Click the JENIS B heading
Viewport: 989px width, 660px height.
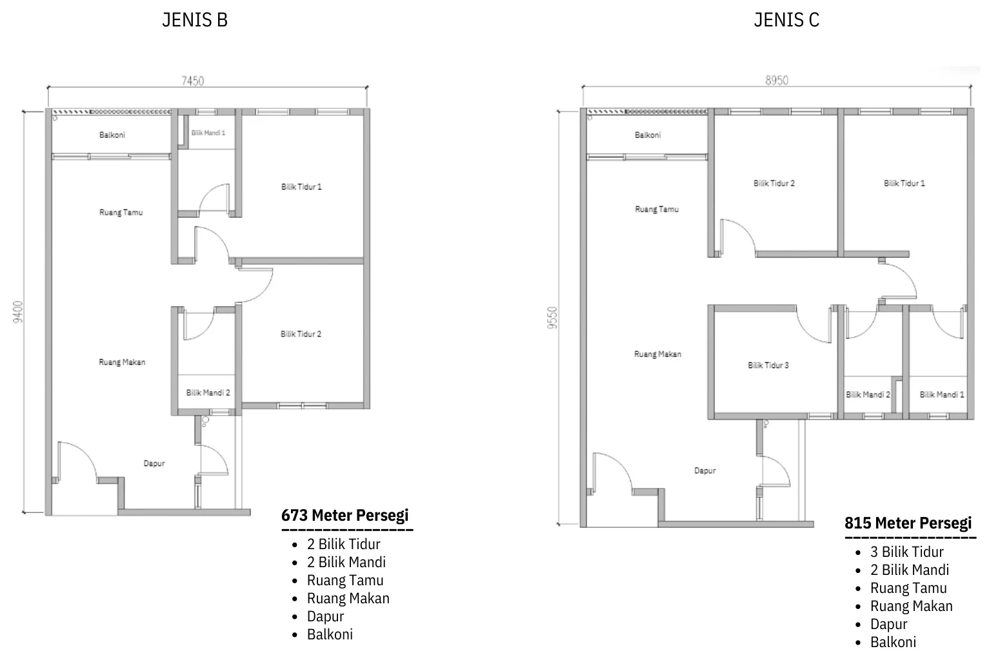[195, 20]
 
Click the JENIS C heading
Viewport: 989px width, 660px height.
[786, 20]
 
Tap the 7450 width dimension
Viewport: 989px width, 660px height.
[193, 81]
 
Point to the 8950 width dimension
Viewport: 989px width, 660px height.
[777, 81]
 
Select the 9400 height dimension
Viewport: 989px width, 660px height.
[18, 312]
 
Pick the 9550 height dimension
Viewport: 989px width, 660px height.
[552, 318]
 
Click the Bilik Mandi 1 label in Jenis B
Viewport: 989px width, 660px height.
[208, 133]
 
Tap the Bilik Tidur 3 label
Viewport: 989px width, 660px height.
[768, 365]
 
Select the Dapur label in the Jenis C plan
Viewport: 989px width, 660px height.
[705, 471]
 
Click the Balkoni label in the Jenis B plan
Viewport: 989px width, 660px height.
[112, 135]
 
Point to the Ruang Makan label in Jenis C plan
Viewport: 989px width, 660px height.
[658, 354]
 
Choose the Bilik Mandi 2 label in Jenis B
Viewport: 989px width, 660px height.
[208, 393]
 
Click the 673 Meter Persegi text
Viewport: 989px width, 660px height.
[345, 515]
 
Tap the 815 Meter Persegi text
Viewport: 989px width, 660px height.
[908, 523]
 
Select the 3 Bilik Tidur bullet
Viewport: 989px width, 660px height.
[907, 552]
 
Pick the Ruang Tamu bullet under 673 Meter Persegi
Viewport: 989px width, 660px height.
[345, 580]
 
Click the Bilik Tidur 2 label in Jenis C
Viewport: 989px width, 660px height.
[774, 184]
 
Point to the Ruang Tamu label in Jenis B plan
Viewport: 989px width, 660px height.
[121, 213]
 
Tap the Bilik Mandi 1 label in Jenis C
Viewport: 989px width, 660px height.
[942, 395]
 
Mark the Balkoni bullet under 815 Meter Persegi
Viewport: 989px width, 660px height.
[893, 642]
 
